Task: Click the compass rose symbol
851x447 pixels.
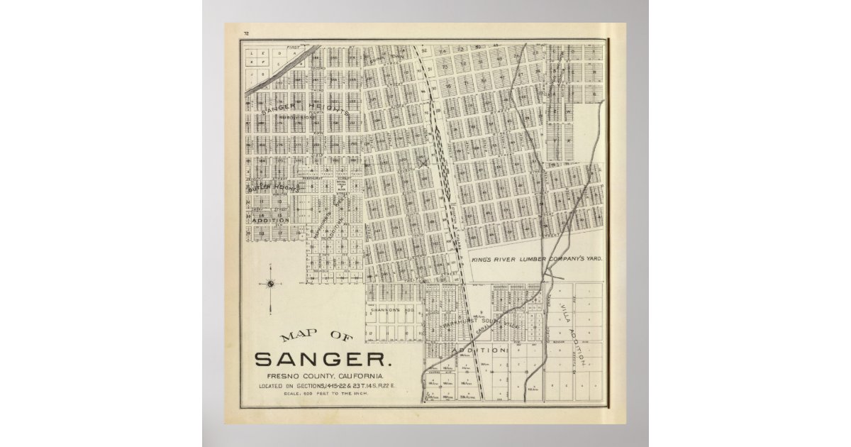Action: [x=270, y=285]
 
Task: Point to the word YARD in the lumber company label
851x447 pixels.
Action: [x=594, y=260]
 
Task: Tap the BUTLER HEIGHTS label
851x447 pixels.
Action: [x=274, y=187]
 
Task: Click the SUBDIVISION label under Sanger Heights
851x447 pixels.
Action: [x=296, y=118]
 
